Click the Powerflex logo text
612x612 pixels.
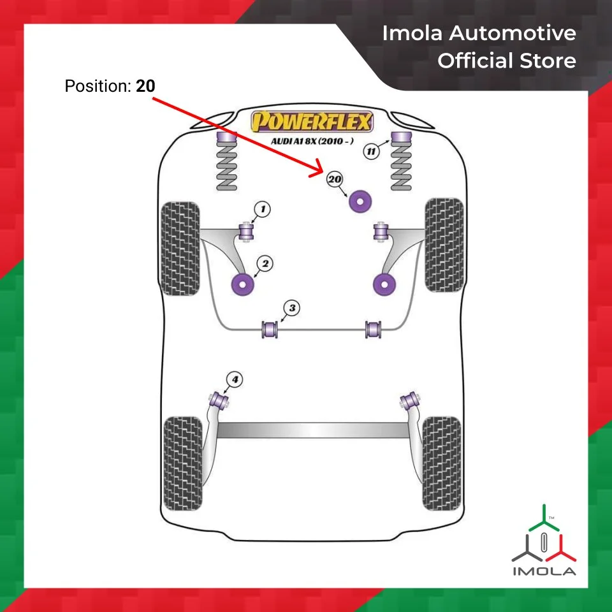(312, 121)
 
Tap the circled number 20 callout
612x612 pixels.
(335, 180)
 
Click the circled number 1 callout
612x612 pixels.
(261, 208)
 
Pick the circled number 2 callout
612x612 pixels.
(265, 263)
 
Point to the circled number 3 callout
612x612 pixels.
(291, 309)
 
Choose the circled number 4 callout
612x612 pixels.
(235, 381)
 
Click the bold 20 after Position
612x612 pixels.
(145, 85)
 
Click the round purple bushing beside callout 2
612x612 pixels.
(242, 284)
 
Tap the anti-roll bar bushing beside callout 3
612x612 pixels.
(271, 330)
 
